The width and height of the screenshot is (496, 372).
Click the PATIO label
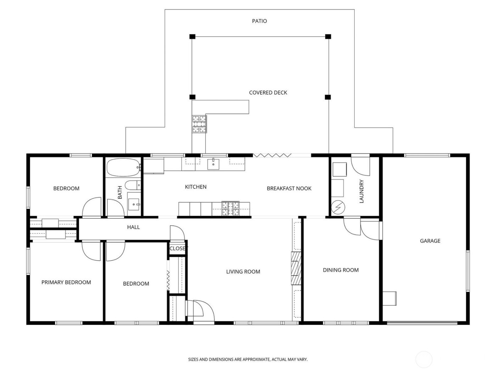[259, 21]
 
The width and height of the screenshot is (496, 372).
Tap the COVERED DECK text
[268, 92]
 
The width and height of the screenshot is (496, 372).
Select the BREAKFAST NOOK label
[289, 188]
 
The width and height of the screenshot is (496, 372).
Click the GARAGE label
[430, 241]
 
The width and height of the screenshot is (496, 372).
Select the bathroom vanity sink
[134, 204]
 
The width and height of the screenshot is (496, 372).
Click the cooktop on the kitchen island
[231, 209]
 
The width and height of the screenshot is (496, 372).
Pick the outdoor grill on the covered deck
[199, 124]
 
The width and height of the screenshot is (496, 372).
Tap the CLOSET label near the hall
[177, 248]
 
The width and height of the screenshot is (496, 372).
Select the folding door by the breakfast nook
[272, 155]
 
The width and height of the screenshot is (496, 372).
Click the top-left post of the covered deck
[192, 36]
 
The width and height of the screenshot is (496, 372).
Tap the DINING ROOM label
[340, 270]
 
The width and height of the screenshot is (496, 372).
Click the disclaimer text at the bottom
[248, 359]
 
